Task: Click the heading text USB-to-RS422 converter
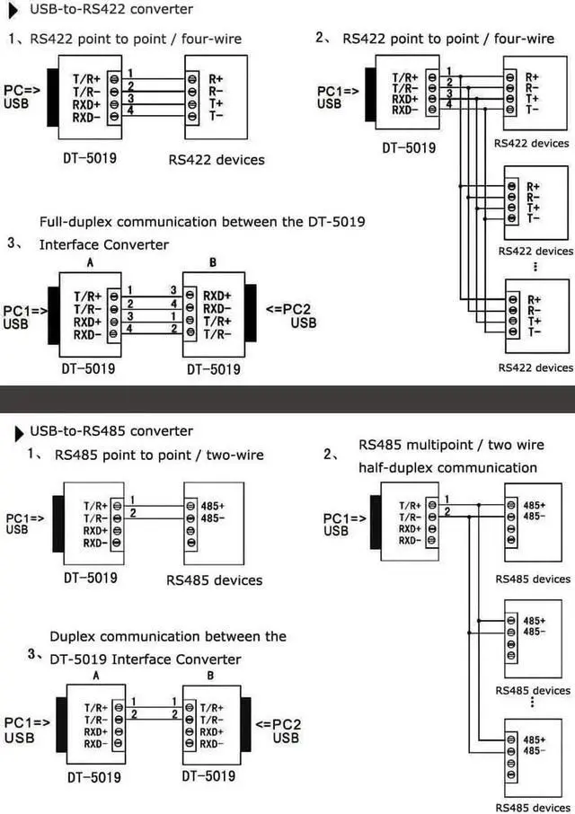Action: [111, 10]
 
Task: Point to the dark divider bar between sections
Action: [287, 399]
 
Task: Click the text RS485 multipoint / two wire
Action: [451, 445]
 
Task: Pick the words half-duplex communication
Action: [447, 467]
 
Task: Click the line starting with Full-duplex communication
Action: [202, 221]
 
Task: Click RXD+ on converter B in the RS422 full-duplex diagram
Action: [217, 294]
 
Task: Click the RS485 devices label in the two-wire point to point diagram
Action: [214, 580]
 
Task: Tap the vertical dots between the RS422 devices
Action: [536, 267]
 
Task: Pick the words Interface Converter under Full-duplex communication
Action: [103, 244]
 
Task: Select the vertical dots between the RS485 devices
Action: [536, 701]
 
